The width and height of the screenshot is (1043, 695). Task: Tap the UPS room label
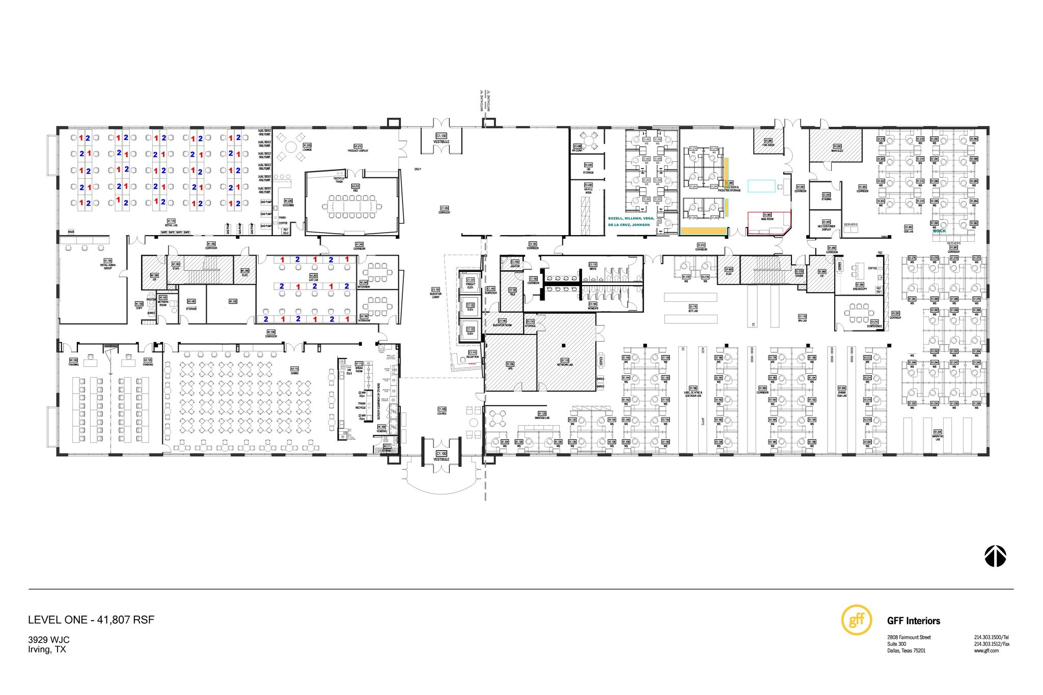point(510,366)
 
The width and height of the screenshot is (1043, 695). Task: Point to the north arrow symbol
point(996,557)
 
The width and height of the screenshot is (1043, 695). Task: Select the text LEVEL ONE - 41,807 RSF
point(91,620)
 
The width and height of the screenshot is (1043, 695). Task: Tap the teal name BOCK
point(939,231)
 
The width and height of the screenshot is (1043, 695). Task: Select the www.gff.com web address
point(986,651)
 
